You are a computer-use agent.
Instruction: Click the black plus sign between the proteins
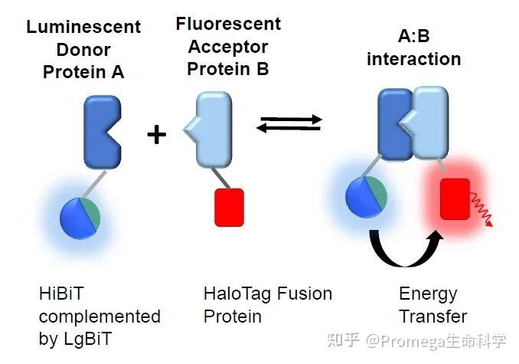click(x=156, y=135)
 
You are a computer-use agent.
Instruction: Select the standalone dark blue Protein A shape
click(x=101, y=131)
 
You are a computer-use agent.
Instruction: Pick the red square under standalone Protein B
click(x=229, y=207)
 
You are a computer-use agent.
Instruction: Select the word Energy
click(x=428, y=294)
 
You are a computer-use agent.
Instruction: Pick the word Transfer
click(x=432, y=316)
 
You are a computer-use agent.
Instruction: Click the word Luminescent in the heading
click(x=83, y=28)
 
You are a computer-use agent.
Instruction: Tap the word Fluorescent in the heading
click(x=228, y=24)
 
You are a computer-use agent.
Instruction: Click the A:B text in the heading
click(x=413, y=37)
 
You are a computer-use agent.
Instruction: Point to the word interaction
click(x=413, y=59)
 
